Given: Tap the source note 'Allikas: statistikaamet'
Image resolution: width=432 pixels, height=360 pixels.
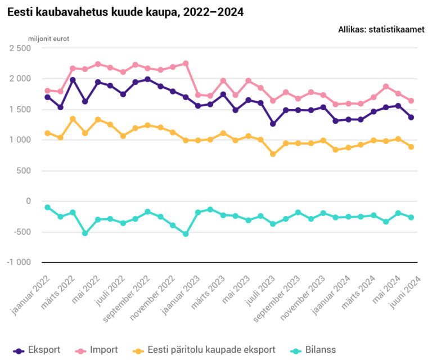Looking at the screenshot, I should tap(381, 29).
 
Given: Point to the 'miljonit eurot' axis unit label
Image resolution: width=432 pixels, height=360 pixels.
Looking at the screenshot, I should tap(49, 39).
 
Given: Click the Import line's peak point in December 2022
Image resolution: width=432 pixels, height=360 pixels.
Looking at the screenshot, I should tap(186, 64).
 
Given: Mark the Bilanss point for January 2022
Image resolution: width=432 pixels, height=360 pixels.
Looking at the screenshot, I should tap(48, 208).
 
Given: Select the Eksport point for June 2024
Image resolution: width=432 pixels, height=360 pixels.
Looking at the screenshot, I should tap(411, 117).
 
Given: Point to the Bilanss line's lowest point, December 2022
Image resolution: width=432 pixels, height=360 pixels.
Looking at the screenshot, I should tap(186, 233).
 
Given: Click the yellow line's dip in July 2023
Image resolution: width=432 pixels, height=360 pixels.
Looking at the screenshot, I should tap(273, 154).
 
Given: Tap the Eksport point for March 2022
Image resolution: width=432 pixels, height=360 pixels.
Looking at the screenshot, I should tap(73, 80).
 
